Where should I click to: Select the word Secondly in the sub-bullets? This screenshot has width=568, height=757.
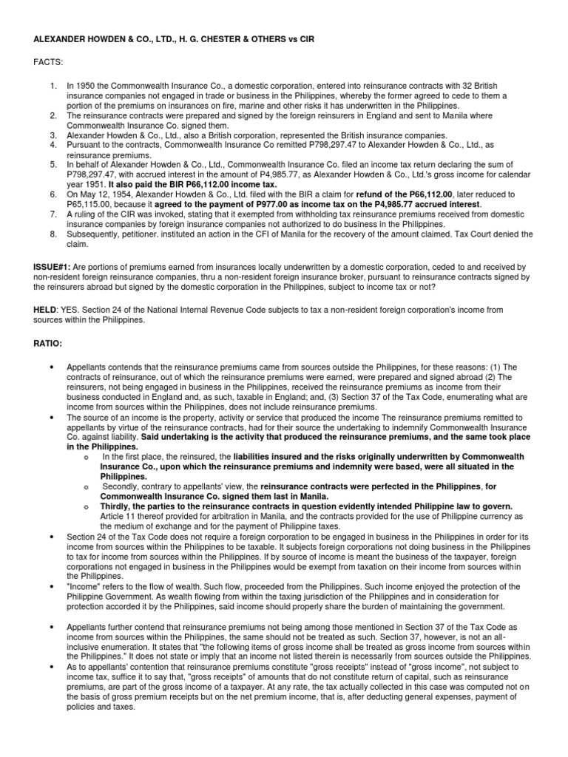122,486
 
